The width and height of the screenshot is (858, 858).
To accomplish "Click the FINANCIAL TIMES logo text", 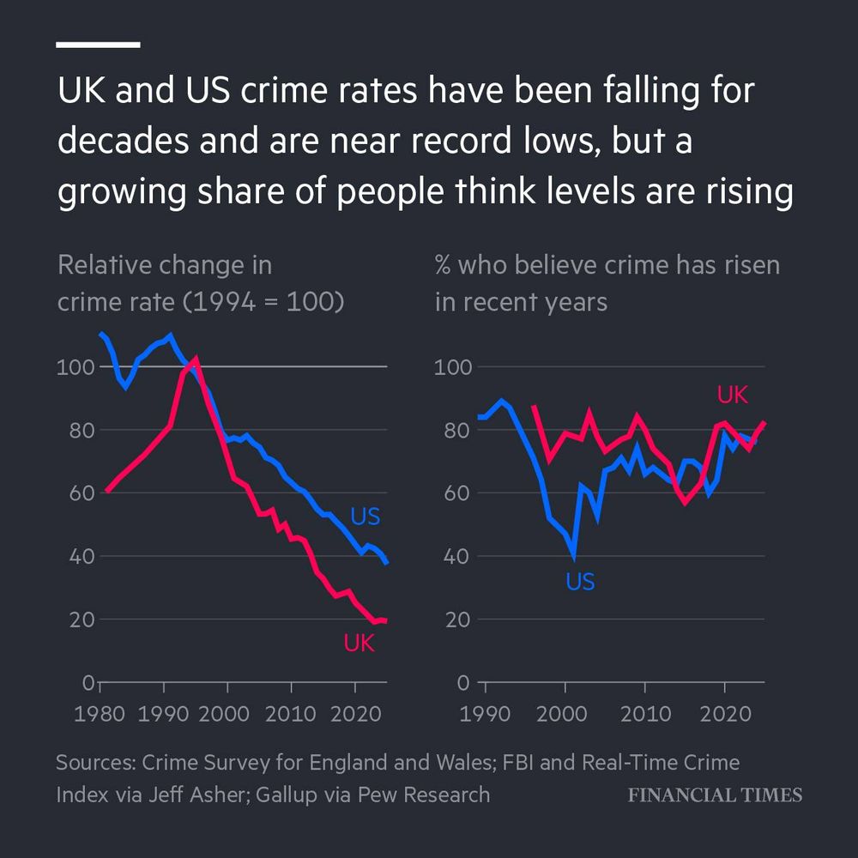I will (715, 795).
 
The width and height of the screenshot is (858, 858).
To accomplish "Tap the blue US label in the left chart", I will (365, 517).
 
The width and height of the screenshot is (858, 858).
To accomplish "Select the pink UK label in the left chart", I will (360, 643).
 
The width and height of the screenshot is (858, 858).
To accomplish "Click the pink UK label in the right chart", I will (733, 395).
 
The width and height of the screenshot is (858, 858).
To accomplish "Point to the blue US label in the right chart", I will (580, 583).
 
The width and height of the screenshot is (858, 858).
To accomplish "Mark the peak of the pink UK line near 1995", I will (196, 358).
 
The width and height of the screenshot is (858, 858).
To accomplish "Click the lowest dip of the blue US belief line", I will (573, 557).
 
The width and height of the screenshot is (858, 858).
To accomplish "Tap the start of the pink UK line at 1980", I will (106, 491).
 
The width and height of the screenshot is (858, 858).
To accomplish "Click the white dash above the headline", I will (98, 44).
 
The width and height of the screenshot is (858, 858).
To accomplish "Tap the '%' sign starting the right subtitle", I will (443, 265).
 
